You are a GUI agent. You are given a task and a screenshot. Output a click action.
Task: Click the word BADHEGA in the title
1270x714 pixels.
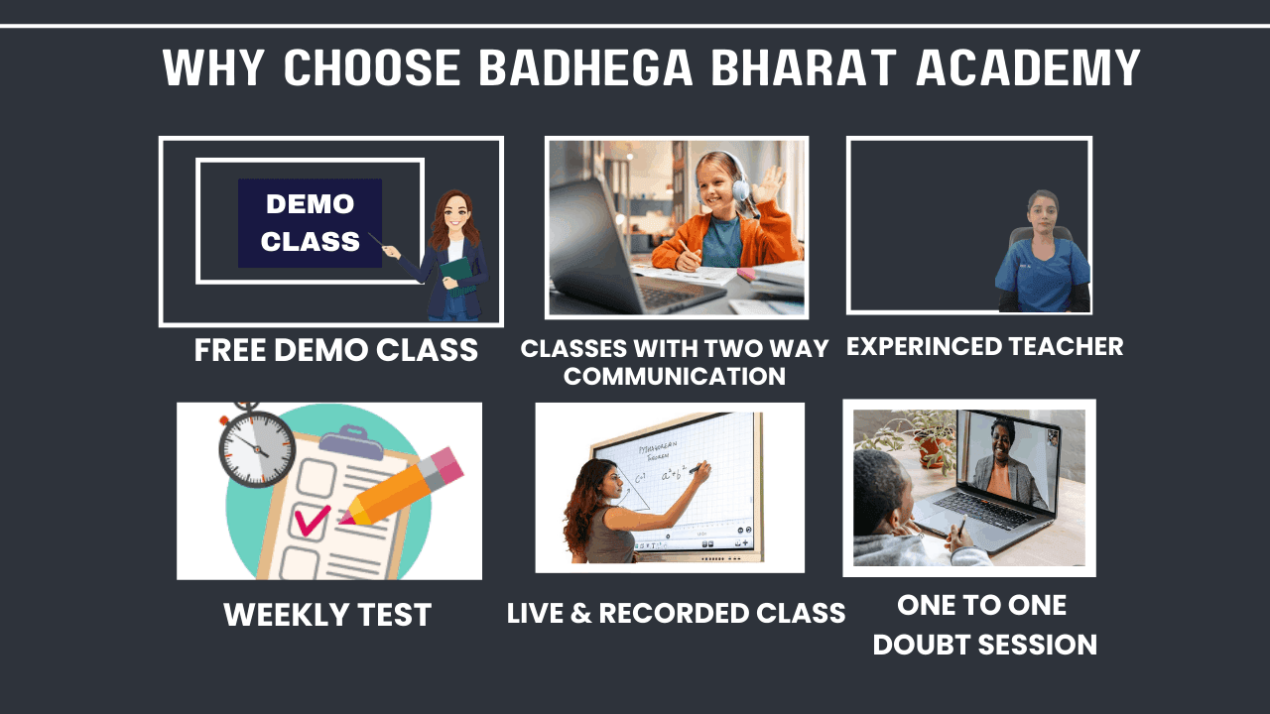click(585, 67)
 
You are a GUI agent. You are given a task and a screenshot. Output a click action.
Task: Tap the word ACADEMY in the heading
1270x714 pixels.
click(1028, 67)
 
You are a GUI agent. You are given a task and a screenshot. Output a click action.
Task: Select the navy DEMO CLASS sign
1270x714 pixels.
click(310, 223)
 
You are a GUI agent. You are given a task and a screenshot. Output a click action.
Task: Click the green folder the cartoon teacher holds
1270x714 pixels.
click(457, 276)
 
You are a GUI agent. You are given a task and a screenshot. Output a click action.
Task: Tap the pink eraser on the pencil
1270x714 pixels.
click(447, 468)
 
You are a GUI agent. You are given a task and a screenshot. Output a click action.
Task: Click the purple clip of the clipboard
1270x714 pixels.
click(351, 442)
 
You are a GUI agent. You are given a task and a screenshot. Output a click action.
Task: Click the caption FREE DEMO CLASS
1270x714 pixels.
click(336, 350)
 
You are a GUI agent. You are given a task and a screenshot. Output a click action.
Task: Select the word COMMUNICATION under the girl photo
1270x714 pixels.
click(675, 376)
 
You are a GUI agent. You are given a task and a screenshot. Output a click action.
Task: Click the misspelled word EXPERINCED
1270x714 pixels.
click(919, 346)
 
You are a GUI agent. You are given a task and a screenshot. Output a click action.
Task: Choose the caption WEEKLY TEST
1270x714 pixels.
click(327, 615)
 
